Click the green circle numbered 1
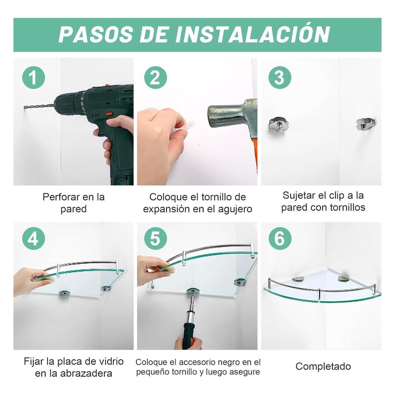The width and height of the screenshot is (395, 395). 34,77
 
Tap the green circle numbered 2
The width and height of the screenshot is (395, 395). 155,77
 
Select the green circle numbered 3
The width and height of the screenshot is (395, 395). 280,77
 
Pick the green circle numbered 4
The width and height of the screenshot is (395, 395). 34,238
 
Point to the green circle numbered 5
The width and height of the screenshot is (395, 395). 155,238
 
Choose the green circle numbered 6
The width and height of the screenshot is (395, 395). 280,238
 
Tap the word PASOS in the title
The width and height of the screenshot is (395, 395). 96,34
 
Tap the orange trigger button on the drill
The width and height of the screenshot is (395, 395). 109,114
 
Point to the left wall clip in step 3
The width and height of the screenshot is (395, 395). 278,124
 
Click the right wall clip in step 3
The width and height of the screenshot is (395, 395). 365,124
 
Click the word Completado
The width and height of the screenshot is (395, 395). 323,366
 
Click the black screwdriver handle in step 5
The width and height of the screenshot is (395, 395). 188,335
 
